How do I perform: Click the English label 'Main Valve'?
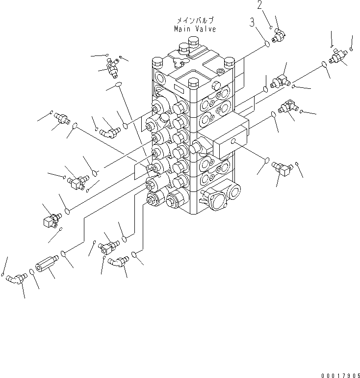[x=195, y=29]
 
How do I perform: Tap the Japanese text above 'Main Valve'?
[x=195, y=21]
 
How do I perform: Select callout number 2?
[x=259, y=5]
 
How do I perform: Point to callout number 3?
[x=252, y=22]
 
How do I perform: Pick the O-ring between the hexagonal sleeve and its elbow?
[x=31, y=271]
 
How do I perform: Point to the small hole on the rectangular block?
[x=234, y=143]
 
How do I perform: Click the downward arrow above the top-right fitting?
[x=332, y=39]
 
